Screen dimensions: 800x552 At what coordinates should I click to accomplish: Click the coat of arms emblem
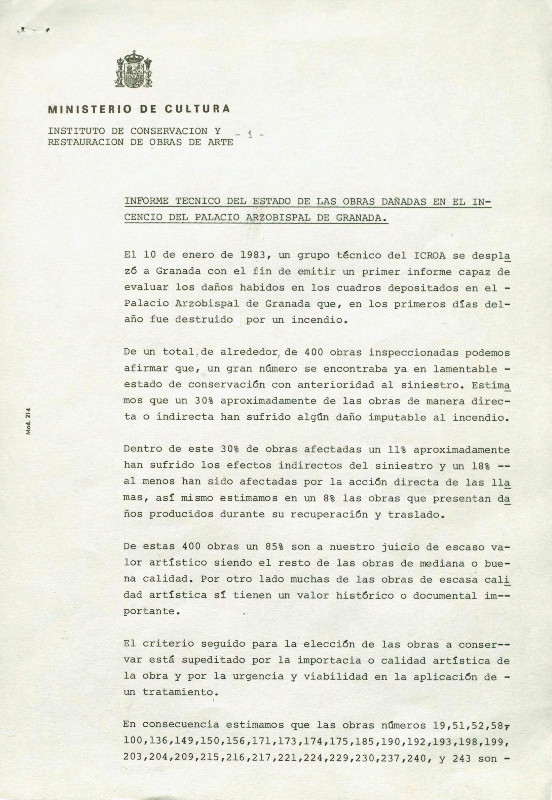[x=133, y=70]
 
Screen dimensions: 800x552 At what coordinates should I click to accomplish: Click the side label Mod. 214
[x=29, y=421]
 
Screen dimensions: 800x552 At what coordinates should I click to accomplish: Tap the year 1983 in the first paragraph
[x=249, y=256]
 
